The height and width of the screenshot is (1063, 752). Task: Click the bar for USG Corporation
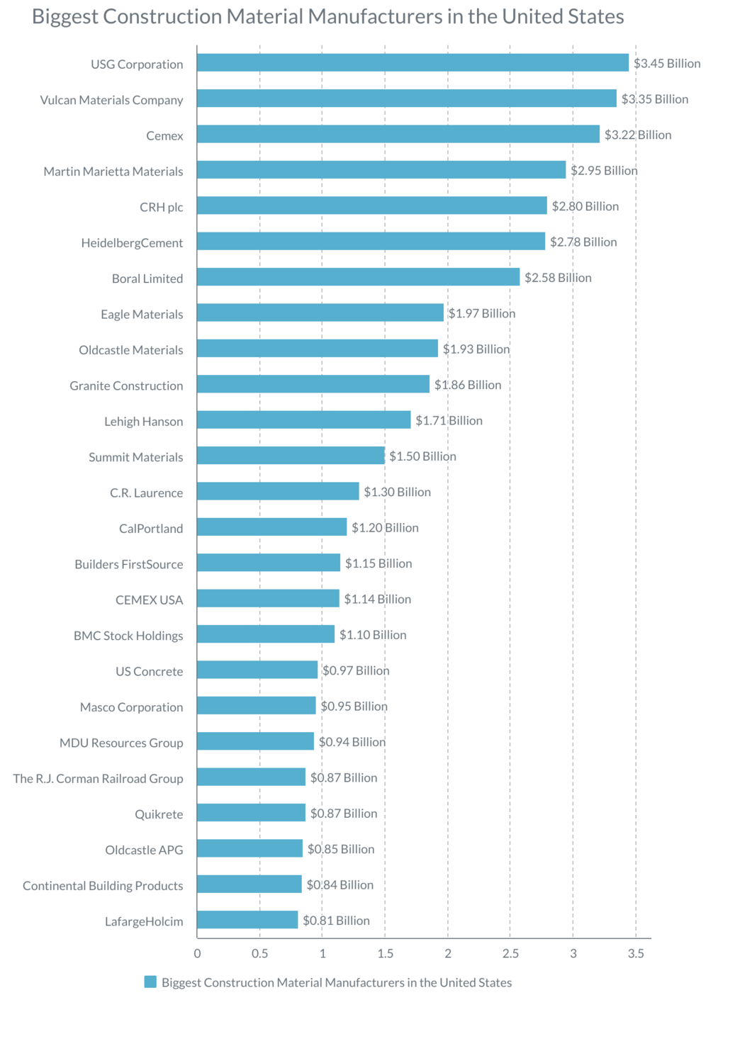(x=413, y=63)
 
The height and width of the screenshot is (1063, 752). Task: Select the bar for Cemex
(x=398, y=134)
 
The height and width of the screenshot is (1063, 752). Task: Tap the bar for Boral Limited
(x=358, y=277)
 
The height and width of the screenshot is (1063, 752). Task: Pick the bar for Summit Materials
(x=291, y=456)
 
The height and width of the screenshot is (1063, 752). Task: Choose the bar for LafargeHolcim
(x=247, y=920)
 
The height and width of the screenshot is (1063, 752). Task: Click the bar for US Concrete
(x=257, y=670)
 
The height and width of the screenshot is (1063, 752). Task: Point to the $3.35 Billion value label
(x=654, y=99)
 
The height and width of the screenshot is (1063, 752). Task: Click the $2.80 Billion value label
(x=585, y=206)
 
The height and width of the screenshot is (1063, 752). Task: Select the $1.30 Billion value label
(x=397, y=492)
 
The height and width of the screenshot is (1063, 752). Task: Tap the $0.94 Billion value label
(x=352, y=742)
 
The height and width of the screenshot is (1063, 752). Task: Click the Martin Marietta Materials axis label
(x=113, y=171)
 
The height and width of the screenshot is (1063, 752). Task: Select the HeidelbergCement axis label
(x=132, y=243)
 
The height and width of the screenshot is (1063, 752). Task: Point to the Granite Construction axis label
(x=126, y=386)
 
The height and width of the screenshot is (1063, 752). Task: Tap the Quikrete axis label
(x=159, y=814)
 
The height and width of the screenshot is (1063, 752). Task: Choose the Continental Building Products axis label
(x=103, y=886)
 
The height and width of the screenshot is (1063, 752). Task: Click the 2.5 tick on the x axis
(x=510, y=954)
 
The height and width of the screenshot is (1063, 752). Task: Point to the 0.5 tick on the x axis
(x=260, y=954)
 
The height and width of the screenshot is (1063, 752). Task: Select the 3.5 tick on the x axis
(x=636, y=954)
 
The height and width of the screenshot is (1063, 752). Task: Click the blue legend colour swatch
(x=150, y=982)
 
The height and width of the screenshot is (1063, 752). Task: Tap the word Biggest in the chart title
(x=64, y=17)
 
